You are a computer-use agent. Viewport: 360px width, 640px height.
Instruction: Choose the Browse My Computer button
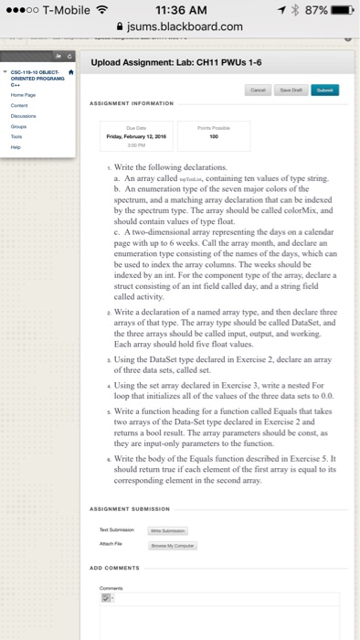pos(194,518)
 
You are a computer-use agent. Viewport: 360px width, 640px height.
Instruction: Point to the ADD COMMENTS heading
pos(116,567)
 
